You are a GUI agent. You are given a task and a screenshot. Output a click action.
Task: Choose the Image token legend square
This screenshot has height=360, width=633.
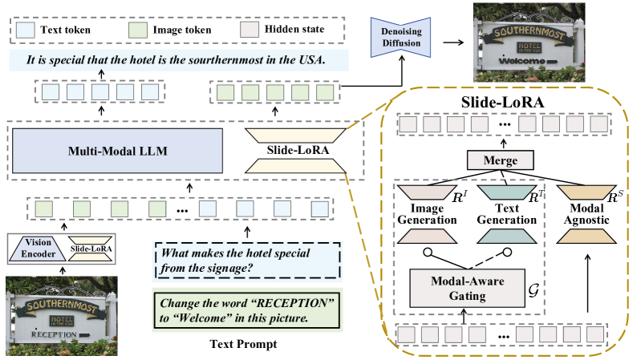click(x=138, y=30)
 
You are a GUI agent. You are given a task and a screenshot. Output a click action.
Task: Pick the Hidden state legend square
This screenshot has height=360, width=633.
click(x=250, y=30)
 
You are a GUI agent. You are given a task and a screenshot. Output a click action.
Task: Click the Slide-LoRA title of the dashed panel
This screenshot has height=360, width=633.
click(x=505, y=103)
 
